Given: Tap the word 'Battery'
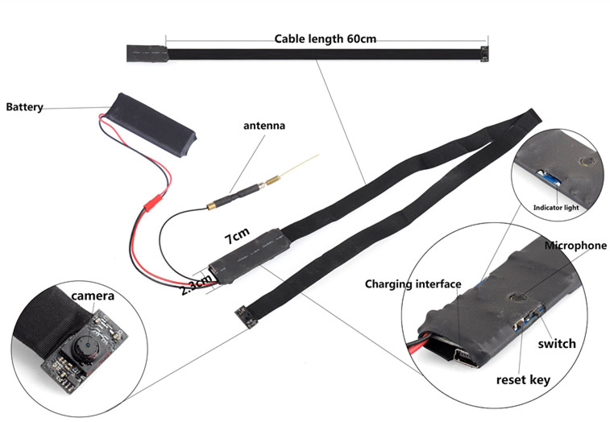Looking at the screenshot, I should point(24,106).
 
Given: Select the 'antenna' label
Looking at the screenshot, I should point(264,126).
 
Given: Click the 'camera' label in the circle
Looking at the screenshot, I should point(93,296).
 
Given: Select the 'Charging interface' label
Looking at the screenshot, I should point(413,283).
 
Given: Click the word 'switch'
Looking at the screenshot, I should point(557,344).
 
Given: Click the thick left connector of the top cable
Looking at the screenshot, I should point(145,54).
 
